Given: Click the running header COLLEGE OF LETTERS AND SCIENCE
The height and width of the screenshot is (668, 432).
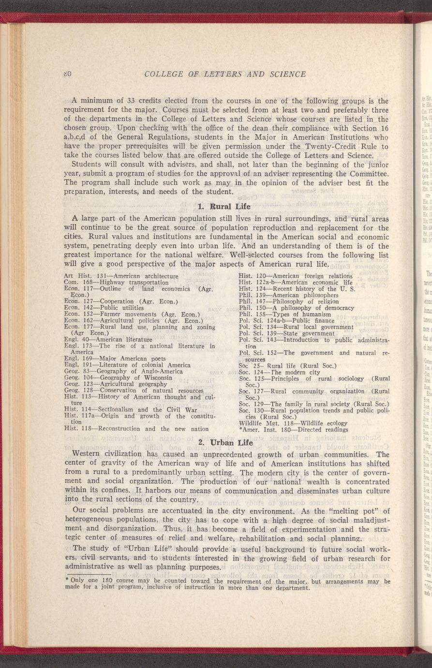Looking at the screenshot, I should pos(225,74).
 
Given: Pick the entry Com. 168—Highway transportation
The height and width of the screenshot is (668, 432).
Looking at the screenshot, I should pos(109,282).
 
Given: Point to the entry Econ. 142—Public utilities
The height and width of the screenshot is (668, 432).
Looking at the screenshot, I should pos(104,307).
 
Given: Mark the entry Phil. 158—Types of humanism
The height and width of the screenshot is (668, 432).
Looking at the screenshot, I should pos(285,314).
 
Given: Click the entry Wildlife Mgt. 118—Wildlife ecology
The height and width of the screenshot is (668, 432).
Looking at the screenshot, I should pos(293,423).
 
